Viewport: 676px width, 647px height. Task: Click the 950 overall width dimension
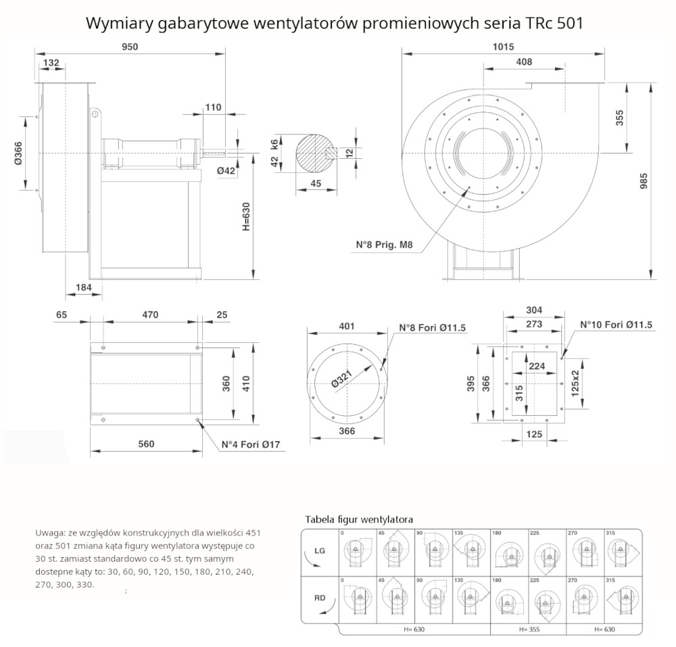point(130,47)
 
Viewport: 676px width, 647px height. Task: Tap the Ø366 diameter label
point(18,154)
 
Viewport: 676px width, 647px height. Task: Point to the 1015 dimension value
point(504,47)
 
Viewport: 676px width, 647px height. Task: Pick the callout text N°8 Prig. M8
point(385,244)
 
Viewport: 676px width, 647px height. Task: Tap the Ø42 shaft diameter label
point(226,171)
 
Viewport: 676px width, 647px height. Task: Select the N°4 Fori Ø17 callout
point(251,445)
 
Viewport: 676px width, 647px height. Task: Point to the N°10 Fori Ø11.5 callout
point(616,325)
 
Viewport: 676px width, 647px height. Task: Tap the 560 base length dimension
point(147,444)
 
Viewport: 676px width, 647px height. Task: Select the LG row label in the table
point(319,551)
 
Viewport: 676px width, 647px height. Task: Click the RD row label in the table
point(319,598)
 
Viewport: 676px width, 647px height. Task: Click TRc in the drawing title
point(538,23)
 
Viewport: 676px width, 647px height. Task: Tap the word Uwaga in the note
point(49,533)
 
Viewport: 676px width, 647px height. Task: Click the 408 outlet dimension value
point(524,62)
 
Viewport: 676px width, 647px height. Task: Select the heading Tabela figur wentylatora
point(359,519)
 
